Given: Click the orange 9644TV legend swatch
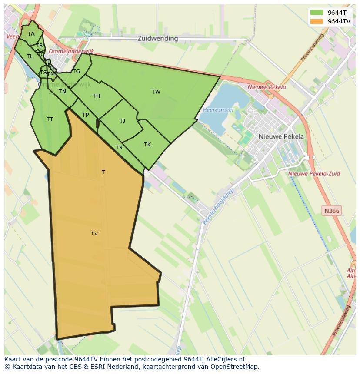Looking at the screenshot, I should [x=317, y=21].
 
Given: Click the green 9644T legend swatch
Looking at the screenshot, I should [x=317, y=12].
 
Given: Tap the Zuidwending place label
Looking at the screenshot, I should [x=157, y=38].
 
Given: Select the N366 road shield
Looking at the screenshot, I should [x=332, y=211].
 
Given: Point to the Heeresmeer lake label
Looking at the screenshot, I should [x=218, y=110].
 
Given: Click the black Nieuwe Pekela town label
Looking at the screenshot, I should [x=281, y=136].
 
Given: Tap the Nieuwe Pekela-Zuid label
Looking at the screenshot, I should [x=314, y=173].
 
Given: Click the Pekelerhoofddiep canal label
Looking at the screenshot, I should [x=218, y=206].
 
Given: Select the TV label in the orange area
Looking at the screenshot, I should [x=94, y=234].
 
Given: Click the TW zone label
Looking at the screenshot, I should [x=156, y=92].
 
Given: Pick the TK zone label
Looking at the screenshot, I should [x=147, y=145].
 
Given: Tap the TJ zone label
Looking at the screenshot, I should [x=123, y=121].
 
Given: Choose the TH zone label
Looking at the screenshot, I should [x=96, y=96].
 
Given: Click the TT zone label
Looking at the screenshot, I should [x=50, y=119].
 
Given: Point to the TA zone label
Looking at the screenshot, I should [x=31, y=34].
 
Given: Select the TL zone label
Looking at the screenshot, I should [x=30, y=56].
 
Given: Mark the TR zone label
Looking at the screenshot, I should [x=119, y=148].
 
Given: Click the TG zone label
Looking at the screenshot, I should [x=77, y=71].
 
